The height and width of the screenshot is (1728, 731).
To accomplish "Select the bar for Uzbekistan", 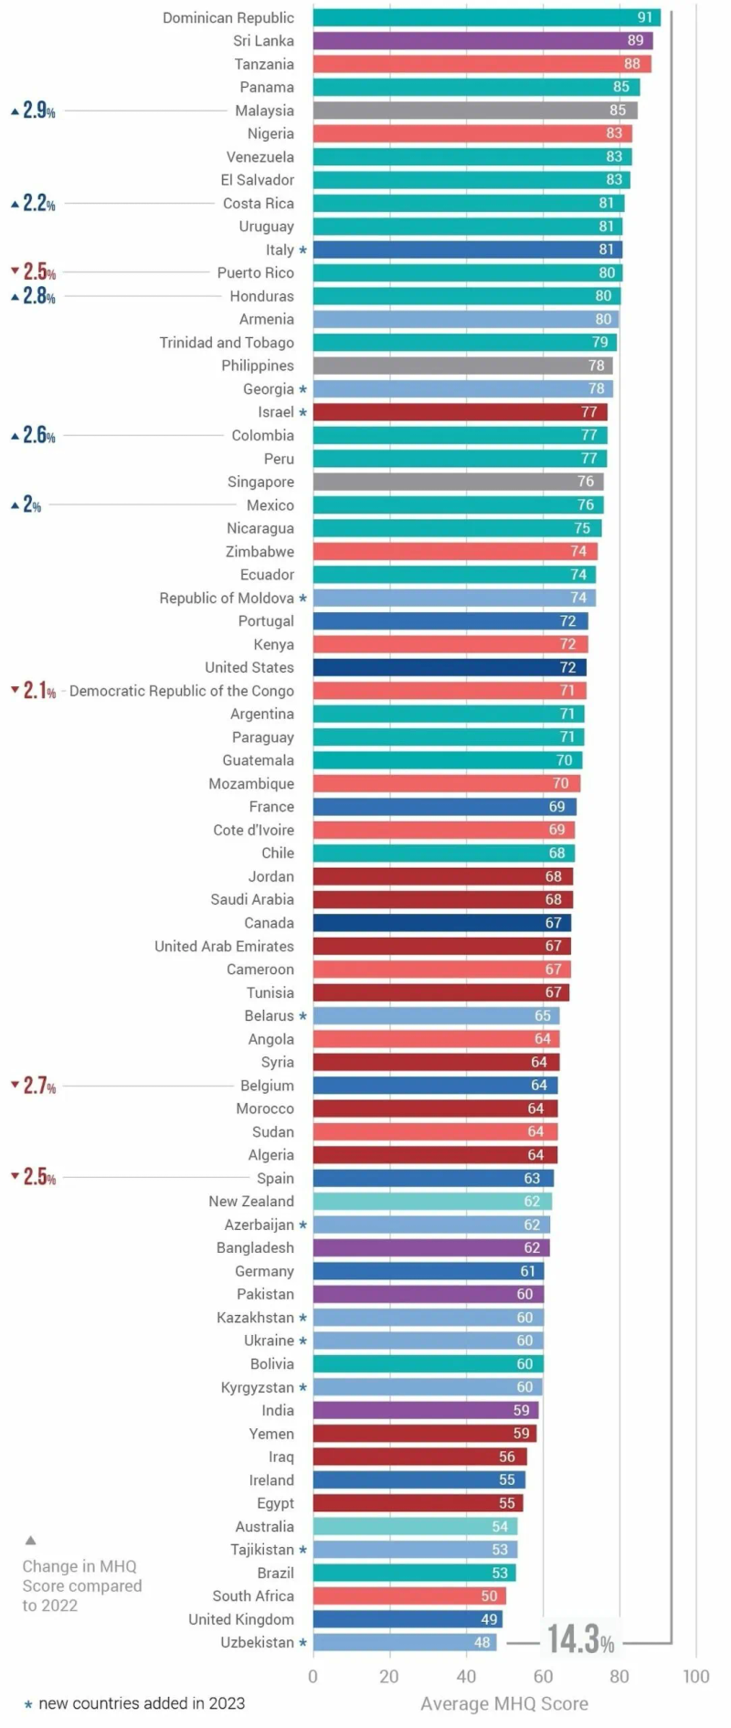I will (404, 1642).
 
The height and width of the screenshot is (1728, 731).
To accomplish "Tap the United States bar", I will (449, 668).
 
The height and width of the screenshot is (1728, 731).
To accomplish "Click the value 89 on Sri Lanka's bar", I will (635, 40).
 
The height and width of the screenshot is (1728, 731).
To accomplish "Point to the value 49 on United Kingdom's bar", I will (489, 1619).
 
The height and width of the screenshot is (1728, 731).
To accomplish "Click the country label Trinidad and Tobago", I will (227, 343).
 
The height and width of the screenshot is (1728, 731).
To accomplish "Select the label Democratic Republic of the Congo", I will (182, 691).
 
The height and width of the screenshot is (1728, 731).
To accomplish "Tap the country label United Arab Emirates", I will (224, 947).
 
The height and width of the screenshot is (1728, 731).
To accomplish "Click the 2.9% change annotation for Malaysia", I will (34, 111).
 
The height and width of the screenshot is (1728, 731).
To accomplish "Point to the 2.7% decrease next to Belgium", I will (34, 1086).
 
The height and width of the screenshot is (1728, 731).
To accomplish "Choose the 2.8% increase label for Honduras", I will (34, 296).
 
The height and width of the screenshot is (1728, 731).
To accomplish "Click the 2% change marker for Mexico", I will (26, 505).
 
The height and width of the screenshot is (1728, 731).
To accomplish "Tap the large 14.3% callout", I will (580, 1640).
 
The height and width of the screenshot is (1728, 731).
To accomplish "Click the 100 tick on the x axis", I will (695, 1676).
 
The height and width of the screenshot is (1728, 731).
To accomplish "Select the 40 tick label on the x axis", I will (466, 1676).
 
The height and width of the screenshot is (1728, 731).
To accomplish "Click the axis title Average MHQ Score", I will (503, 1703).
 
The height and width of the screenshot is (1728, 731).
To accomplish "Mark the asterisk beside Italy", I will (302, 250).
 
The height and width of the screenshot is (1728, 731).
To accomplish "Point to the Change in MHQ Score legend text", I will (81, 1585).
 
